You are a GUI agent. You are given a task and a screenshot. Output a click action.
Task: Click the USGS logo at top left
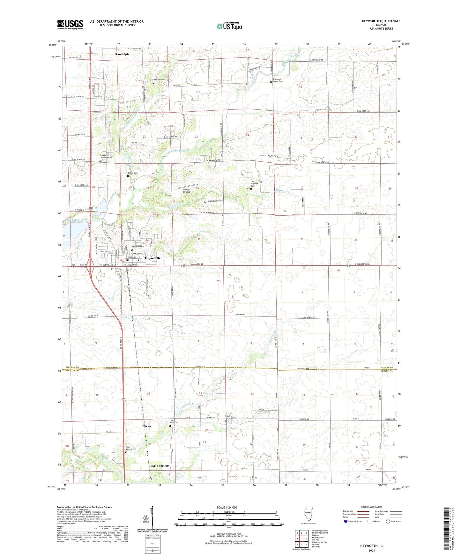[x=70, y=25]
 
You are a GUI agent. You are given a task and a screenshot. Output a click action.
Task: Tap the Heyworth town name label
[x=152, y=258]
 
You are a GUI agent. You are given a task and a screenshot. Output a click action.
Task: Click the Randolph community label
[x=122, y=54]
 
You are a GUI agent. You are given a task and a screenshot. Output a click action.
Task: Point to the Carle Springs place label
[x=160, y=466]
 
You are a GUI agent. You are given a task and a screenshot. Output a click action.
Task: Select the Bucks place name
[x=146, y=426]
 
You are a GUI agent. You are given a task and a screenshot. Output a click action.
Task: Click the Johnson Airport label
[x=186, y=191]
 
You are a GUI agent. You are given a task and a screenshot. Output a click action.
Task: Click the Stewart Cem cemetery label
[x=159, y=79]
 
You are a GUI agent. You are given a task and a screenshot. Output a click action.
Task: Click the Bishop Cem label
[x=133, y=173]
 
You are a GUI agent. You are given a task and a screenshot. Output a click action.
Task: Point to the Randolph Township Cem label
[x=106, y=156]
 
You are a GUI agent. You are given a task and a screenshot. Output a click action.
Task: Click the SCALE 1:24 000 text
[x=227, y=508]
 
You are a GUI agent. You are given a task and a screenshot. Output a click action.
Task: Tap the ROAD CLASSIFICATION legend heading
[x=372, y=507]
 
